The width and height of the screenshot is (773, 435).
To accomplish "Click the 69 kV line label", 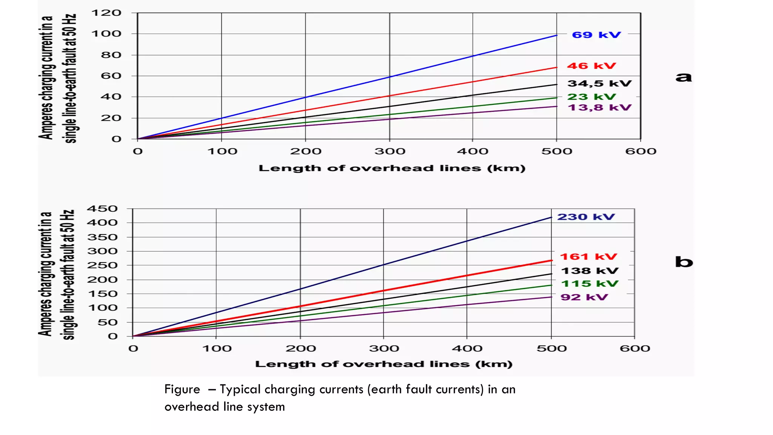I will point(596,35).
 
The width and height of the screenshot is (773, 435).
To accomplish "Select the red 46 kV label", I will point(591,66).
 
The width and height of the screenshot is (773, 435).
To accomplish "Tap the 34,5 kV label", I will point(599,83).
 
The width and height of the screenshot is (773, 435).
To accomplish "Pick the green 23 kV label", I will point(591,97).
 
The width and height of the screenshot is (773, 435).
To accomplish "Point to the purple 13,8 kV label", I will point(599,108).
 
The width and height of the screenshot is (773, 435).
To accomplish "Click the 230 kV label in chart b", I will point(586,217).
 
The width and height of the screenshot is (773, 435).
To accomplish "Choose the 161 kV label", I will point(588,257).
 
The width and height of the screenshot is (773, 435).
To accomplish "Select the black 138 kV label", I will point(590,271).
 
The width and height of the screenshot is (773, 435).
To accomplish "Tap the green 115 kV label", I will point(589,284).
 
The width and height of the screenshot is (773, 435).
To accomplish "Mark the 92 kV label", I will point(584,297).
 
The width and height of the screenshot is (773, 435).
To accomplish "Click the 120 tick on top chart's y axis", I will point(106,13).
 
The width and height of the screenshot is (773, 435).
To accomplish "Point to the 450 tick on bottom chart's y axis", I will point(102,209).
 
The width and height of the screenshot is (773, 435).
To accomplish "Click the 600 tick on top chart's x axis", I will point(641,151).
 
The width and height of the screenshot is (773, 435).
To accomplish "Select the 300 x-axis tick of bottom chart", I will point(384,348).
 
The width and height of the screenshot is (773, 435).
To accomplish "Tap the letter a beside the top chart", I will point(684,77).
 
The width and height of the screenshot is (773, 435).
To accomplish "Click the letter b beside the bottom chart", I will point(684,262).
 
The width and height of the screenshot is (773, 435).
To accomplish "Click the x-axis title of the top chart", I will point(392,168).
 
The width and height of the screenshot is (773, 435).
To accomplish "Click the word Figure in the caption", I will point(182,389).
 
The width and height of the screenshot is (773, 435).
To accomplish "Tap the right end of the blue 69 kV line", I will point(556,35).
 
